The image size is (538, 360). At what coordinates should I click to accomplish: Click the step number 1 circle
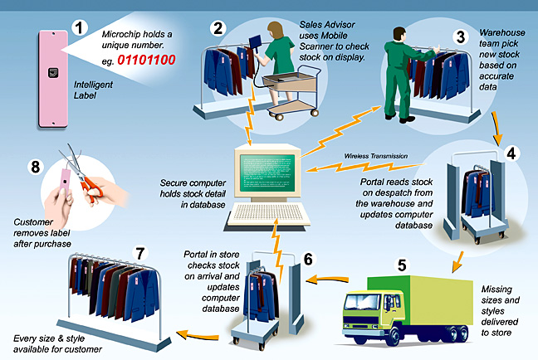tap(79, 27)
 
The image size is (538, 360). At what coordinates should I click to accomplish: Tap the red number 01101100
tap(146, 60)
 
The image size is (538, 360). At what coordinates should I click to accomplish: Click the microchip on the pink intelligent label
tap(53, 72)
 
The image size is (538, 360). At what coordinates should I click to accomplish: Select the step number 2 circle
tap(218, 28)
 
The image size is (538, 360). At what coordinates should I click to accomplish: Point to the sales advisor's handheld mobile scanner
tap(255, 42)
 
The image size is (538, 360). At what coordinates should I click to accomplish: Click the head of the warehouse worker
tap(399, 35)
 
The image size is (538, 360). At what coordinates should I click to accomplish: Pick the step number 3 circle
tap(461, 36)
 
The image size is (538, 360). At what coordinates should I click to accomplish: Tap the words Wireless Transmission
tap(376, 156)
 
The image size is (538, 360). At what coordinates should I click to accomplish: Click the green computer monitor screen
tap(267, 173)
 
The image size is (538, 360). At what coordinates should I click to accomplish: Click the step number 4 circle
tap(511, 153)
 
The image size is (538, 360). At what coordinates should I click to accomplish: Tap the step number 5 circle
tap(402, 265)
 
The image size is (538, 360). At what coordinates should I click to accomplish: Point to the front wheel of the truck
tap(393, 335)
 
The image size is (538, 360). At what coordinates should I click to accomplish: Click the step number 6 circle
tap(308, 259)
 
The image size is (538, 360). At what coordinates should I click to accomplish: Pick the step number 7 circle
tap(140, 254)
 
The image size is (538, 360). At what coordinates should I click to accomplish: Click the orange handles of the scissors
tap(91, 190)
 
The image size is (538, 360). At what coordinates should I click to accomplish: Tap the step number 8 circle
tap(36, 167)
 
